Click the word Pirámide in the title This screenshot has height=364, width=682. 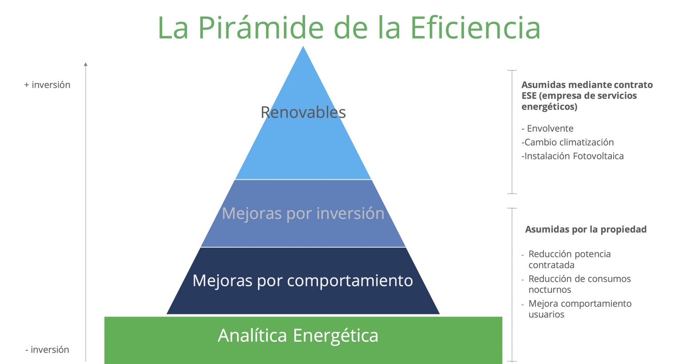pyautogui.click(x=261, y=28)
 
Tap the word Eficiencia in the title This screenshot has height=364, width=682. pyautogui.click(x=475, y=28)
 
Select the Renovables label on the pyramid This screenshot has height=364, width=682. pyautogui.click(x=303, y=112)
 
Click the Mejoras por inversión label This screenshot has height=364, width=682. pyautogui.click(x=303, y=213)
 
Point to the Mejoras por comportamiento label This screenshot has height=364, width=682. pyautogui.click(x=303, y=280)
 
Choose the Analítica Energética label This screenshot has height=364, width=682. pyautogui.click(x=298, y=336)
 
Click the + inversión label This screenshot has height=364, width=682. pyautogui.click(x=47, y=85)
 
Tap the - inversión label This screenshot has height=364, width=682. pyautogui.click(x=47, y=350)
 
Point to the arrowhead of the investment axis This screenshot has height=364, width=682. pyautogui.click(x=86, y=64)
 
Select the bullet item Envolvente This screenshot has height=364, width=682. pyautogui.click(x=547, y=128)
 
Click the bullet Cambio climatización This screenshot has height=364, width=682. pyautogui.click(x=567, y=142)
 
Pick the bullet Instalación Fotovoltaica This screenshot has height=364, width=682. pyautogui.click(x=572, y=156)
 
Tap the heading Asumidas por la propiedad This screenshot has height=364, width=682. pyautogui.click(x=586, y=229)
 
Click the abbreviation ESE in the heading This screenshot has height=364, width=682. pyautogui.click(x=529, y=95)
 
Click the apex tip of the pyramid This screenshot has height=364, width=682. pyautogui.click(x=303, y=46)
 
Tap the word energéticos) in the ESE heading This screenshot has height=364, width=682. pyautogui.click(x=549, y=107)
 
